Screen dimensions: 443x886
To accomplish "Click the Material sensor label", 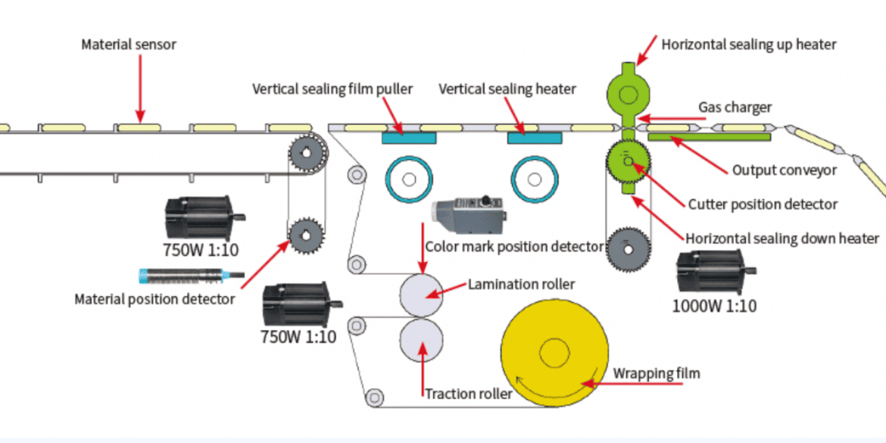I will point(129,45).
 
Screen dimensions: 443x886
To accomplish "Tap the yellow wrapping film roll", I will point(555,354).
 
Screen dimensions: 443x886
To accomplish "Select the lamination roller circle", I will point(421,293).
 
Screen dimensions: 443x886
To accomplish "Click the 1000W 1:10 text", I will point(713,305).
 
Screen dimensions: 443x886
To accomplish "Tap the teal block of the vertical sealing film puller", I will point(409,138).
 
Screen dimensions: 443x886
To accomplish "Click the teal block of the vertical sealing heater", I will point(535,138).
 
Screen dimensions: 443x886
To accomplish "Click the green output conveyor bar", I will point(709,137).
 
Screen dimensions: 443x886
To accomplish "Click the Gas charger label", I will point(734,108).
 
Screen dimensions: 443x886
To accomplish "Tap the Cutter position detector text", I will point(762,204).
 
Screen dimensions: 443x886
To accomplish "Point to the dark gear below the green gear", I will point(628,247).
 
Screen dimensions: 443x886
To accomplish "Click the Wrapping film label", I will point(656,373).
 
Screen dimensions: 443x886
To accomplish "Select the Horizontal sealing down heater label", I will point(782,238).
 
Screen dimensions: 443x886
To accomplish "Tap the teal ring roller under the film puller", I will point(409,179).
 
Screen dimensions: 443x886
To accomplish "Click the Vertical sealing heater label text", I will point(507,89).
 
